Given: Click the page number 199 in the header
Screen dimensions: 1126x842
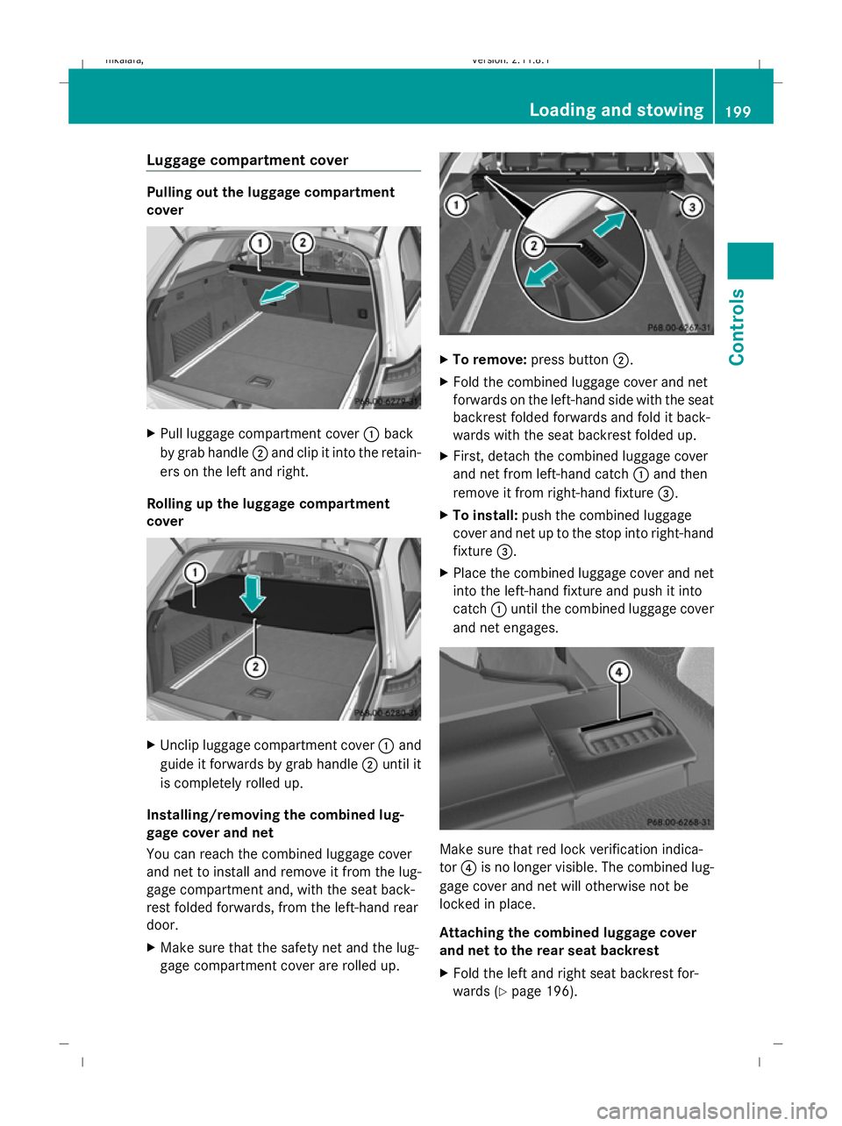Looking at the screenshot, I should [x=739, y=110].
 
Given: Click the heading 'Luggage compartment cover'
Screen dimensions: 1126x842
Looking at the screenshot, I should [x=247, y=160].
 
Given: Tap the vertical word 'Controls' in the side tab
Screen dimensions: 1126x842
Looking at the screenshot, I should [x=738, y=327].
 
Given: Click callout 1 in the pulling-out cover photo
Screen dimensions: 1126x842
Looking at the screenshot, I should [x=260, y=243].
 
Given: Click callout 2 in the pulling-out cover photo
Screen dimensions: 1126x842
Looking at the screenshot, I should [x=303, y=243].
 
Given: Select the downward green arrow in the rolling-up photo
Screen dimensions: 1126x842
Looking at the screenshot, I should [x=253, y=594].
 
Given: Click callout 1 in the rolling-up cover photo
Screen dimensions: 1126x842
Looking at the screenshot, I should [x=194, y=573].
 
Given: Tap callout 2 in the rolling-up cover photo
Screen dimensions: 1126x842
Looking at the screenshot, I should [x=255, y=667].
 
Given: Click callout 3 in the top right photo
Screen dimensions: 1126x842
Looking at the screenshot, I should [x=692, y=207].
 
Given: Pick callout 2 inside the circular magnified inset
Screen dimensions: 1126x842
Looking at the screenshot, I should [x=533, y=246].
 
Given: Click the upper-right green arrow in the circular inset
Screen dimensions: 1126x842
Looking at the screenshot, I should [x=609, y=224].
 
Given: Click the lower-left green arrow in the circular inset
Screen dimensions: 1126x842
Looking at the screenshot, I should [x=541, y=274].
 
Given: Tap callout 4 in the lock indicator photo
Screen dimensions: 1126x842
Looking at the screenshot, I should [x=619, y=673].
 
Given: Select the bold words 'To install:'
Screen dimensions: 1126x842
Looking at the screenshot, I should [x=485, y=516].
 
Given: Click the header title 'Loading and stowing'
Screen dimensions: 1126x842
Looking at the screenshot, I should [x=616, y=110].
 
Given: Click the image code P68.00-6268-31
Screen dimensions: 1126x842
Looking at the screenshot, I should [x=678, y=823].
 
